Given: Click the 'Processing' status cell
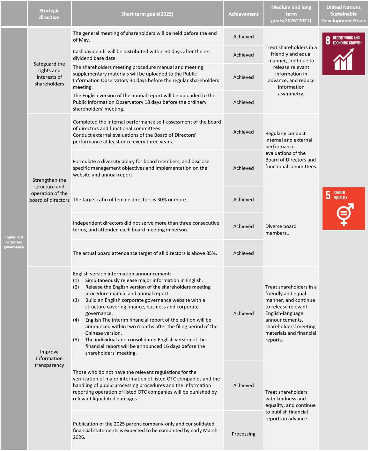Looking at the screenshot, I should (243, 434).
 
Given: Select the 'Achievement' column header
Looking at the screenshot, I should (243, 14).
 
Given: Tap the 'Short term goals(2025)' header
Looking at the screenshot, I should (147, 14).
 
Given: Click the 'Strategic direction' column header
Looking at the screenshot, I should (49, 14).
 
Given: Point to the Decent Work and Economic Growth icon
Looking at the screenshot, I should (343, 54).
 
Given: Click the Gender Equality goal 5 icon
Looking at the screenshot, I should (343, 208).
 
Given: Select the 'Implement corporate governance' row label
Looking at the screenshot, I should (14, 242).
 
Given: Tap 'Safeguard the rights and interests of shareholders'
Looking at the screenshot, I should (49, 74).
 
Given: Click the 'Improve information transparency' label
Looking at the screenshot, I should (49, 358).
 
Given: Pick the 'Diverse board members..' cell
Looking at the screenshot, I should (281, 229).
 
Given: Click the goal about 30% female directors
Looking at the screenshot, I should (130, 200).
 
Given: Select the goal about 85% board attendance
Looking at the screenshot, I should (145, 253).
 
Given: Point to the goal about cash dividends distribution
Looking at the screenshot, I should (141, 55).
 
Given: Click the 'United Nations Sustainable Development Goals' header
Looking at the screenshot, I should (343, 14).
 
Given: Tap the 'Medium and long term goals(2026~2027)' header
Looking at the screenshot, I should (291, 14).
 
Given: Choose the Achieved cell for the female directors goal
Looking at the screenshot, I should (243, 200).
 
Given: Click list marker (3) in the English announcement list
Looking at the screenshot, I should (76, 300).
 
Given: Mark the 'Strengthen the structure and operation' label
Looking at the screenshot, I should (49, 190).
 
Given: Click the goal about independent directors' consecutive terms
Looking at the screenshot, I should (146, 226).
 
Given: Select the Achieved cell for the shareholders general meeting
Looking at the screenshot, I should (243, 37).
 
